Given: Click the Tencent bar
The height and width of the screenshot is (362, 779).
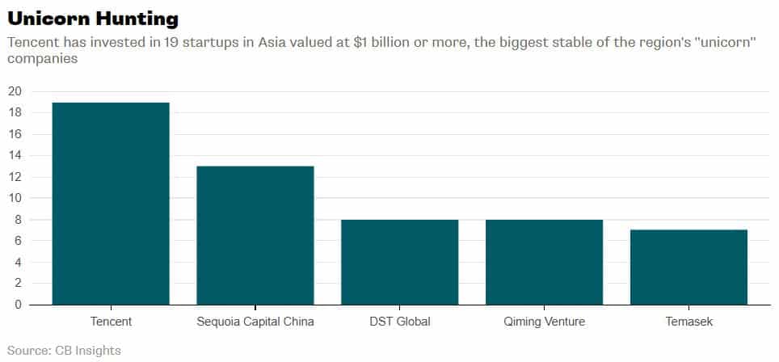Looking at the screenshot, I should click(x=112, y=204).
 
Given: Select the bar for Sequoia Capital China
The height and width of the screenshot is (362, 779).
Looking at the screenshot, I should click(x=255, y=235).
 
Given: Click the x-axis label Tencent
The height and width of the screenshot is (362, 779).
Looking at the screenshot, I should click(x=112, y=322).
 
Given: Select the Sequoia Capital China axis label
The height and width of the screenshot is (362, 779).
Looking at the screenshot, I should click(x=255, y=322).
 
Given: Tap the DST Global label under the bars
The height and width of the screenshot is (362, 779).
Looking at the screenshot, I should click(x=399, y=322).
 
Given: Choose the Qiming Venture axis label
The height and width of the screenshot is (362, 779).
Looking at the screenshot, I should click(x=544, y=322).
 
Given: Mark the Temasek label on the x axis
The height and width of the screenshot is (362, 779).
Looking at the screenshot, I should click(x=688, y=322).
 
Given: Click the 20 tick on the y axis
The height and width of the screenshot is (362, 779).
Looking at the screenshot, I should click(x=15, y=91).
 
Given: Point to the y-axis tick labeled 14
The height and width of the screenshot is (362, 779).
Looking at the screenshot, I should click(x=15, y=155).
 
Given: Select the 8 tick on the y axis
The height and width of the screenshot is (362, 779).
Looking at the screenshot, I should click(x=18, y=219).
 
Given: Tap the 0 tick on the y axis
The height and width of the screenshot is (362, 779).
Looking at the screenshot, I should click(x=18, y=305).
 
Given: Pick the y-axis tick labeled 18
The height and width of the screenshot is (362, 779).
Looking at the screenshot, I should click(x=15, y=112).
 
